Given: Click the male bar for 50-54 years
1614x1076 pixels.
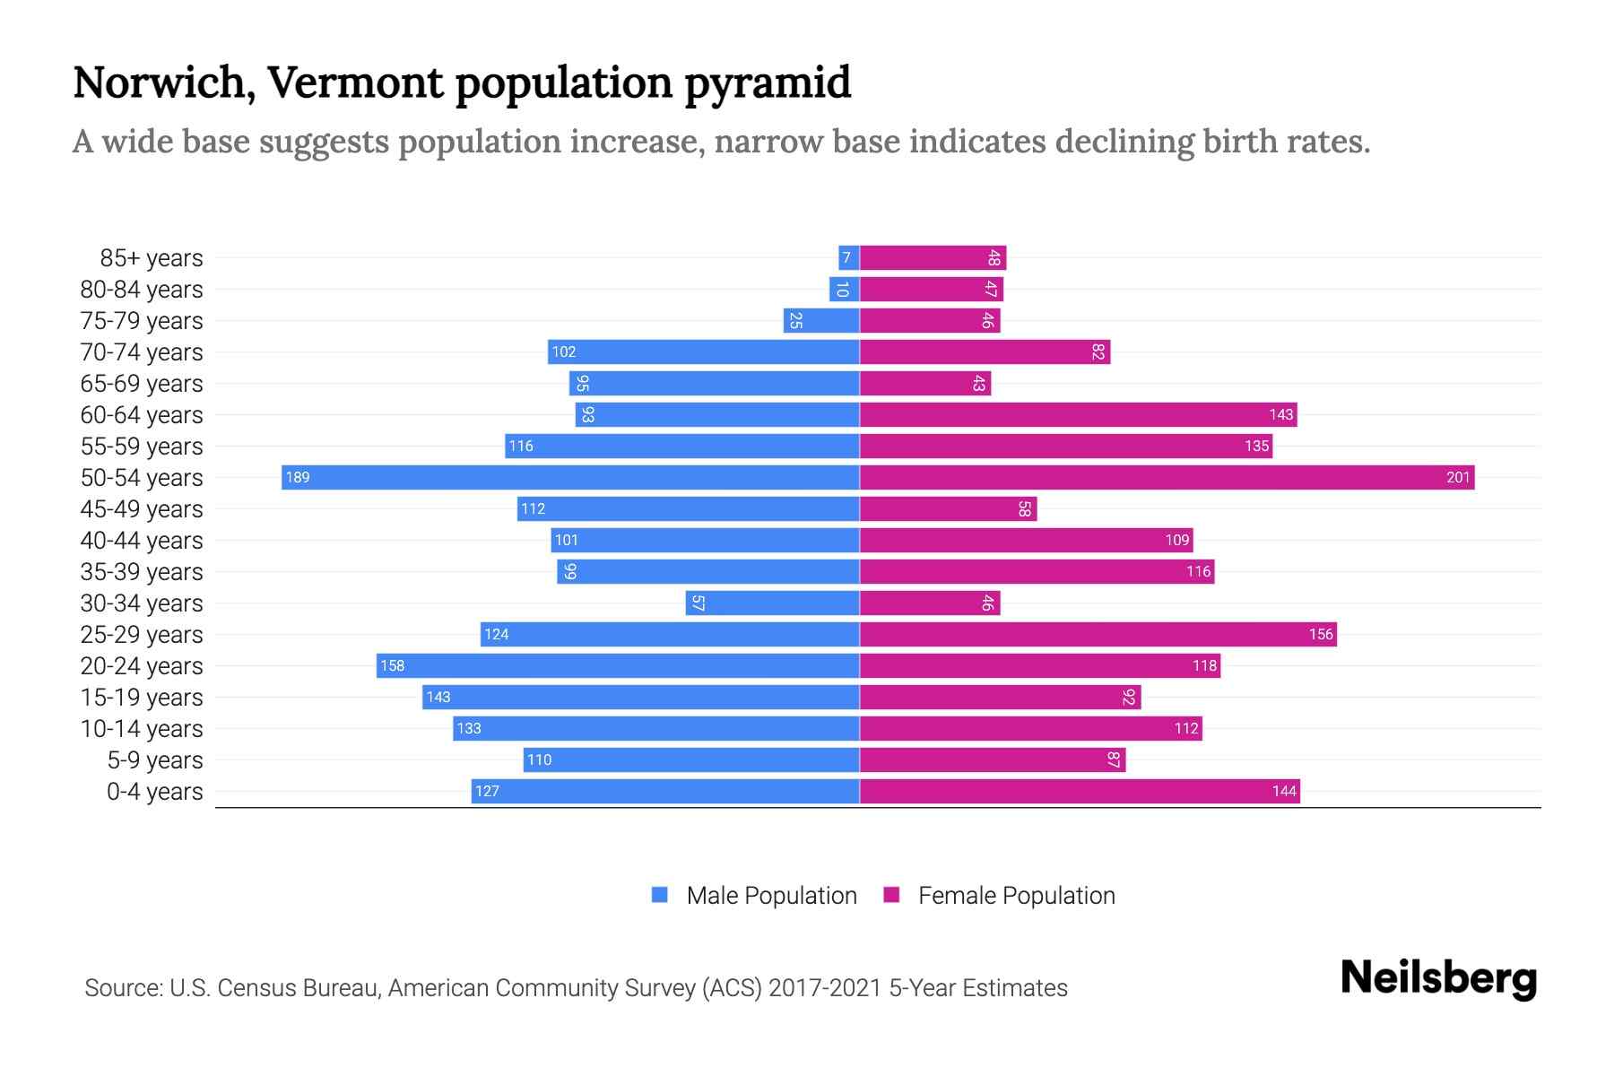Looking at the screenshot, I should coord(570,477).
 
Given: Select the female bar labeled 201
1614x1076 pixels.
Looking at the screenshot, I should coord(1166,477).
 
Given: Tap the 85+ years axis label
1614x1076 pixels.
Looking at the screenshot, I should coord(151,258).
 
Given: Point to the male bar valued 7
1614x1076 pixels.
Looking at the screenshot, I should coord(848,258).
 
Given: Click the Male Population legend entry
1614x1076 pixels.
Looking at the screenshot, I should coord(754,895).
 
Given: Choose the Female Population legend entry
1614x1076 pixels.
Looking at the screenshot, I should coord(999,895).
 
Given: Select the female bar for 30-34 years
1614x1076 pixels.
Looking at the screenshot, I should coord(929,603).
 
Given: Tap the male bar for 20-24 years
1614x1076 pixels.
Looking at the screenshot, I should coord(618,665).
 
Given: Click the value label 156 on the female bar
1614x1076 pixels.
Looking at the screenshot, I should coord(1320,634).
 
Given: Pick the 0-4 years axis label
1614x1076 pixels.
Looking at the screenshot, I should coord(154,792).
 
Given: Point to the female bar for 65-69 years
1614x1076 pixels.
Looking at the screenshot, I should coord(924,383).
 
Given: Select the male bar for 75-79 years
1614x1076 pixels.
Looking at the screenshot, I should coord(820,320).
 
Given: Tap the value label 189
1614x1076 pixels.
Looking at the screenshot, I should coord(298,477).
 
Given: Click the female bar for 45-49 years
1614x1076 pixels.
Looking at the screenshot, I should coord(948,508).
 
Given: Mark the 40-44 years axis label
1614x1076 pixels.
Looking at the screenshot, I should coord(142,541).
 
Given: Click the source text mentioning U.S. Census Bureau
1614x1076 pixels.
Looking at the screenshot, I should coord(576,987).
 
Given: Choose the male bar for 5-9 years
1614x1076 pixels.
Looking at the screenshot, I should coord(690,759).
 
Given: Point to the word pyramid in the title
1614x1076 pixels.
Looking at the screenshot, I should coord(768,82).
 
